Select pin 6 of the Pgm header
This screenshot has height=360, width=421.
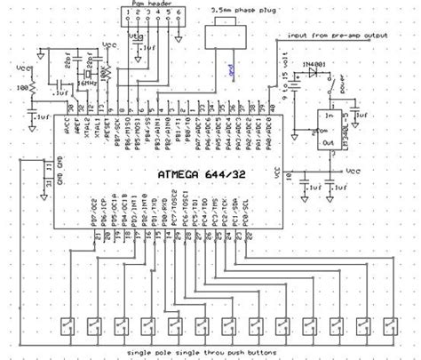(179, 19)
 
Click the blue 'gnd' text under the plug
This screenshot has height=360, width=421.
(230, 68)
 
